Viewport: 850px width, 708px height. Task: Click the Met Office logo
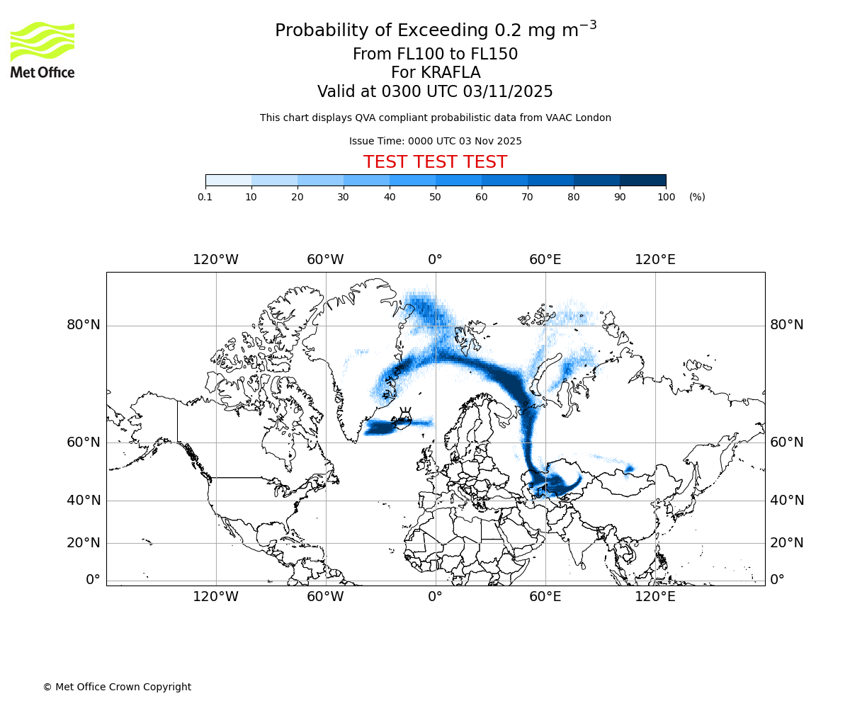coord(42,50)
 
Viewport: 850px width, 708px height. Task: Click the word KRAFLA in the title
coord(451,73)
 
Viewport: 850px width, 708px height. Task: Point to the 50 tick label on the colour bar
coord(436,197)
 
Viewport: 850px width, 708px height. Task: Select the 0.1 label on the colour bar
coord(205,197)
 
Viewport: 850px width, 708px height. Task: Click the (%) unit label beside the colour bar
coord(697,197)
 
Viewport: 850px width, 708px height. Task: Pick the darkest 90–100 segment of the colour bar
coord(642,180)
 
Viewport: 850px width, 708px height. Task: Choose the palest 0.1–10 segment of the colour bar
coord(229,180)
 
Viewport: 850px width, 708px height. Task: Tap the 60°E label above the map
coord(545,260)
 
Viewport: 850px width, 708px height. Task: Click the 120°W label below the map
coord(215,597)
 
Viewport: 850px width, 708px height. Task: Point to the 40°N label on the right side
coord(787,501)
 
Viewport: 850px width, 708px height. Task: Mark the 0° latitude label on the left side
coord(93,580)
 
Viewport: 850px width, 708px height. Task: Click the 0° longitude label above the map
coord(435,260)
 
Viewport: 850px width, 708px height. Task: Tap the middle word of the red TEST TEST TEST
coord(435,162)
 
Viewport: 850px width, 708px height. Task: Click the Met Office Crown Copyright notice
coord(117,687)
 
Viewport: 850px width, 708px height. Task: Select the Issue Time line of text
coord(435,142)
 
